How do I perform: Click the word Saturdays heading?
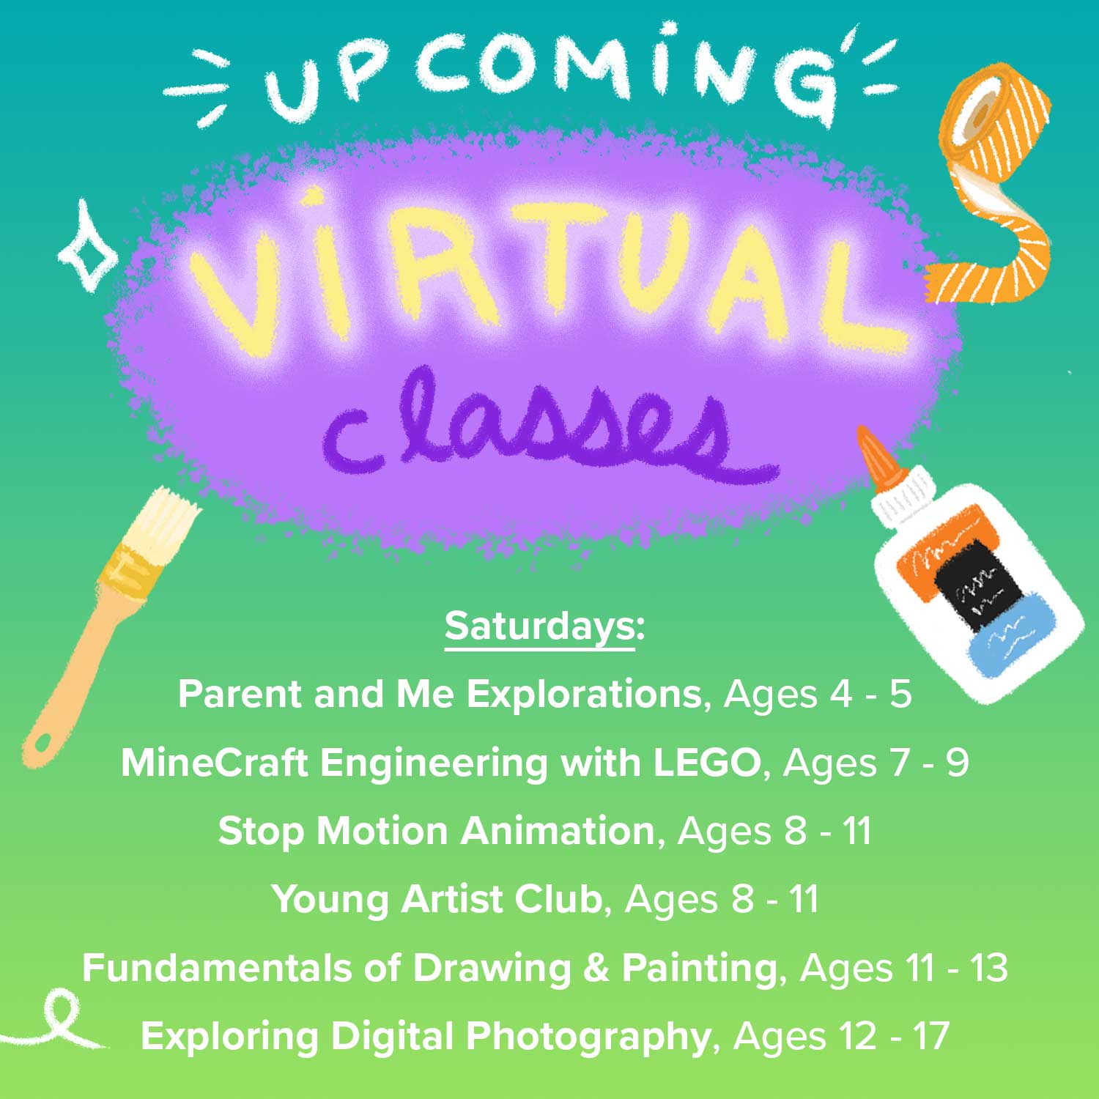coord(540,627)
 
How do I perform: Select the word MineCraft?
coord(215,763)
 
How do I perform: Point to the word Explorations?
coord(585,695)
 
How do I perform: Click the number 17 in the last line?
coord(930,1036)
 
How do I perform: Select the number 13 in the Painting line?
coord(989,968)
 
